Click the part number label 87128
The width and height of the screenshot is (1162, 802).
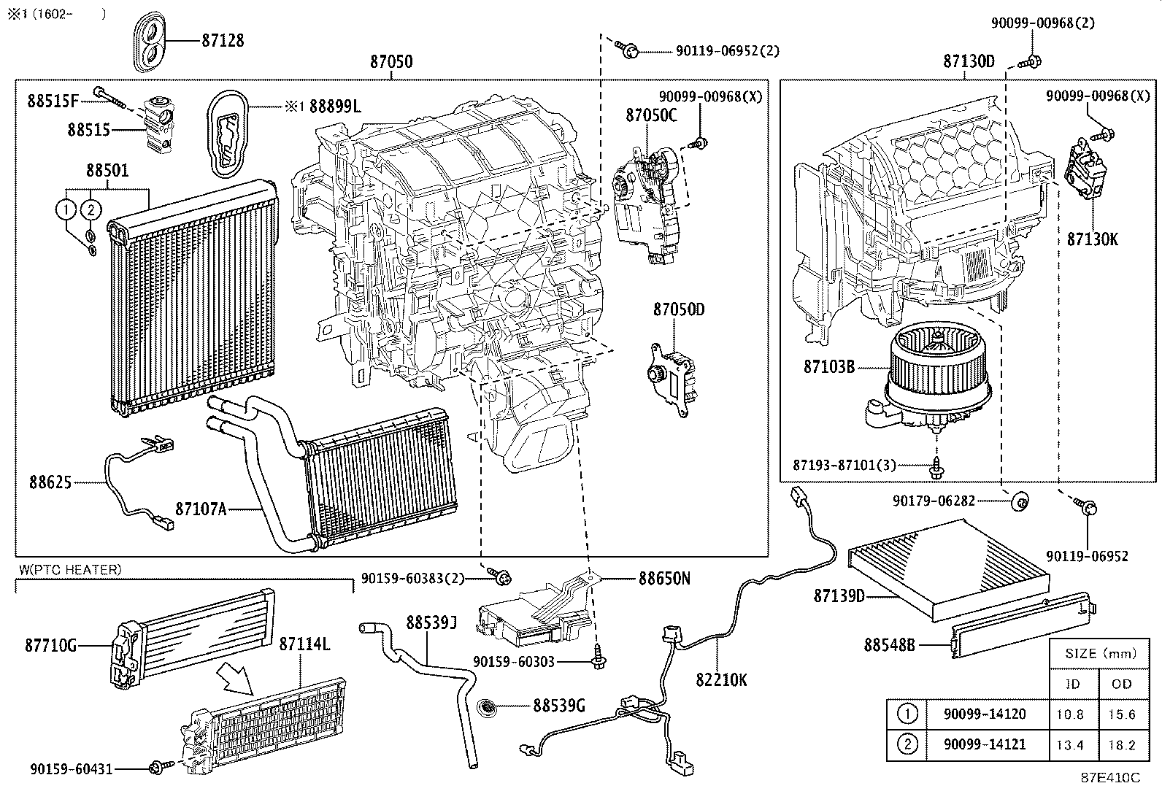coord(223,40)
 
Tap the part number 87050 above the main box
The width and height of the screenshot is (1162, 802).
coord(391,61)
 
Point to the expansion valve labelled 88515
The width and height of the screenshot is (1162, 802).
coord(158,125)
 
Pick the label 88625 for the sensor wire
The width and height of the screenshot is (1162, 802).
coord(50,482)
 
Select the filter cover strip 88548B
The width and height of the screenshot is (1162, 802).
coord(1022,625)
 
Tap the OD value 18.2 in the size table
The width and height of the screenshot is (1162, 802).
coord(1121,745)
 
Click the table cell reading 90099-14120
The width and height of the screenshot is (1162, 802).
coord(985,714)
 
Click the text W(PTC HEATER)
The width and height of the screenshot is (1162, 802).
coord(70,569)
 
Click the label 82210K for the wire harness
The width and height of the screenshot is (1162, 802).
coord(721,679)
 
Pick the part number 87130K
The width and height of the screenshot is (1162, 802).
coord(1092,239)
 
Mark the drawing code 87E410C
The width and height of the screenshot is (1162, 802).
coord(1110,778)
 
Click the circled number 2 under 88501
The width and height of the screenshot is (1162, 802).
coord(90,209)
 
